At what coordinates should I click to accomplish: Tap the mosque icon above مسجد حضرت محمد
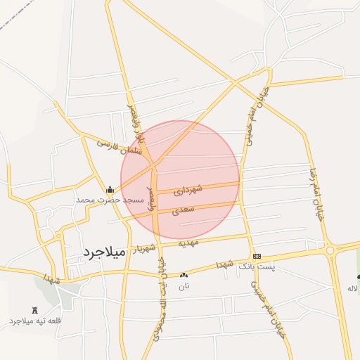pos(110,189)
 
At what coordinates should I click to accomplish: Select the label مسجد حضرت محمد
pos(110,200)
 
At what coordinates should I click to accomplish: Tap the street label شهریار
pos(145,248)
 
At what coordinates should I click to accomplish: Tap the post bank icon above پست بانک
pos(257,257)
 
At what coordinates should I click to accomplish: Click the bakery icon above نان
pos(184,276)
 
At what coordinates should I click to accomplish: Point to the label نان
pos(184,286)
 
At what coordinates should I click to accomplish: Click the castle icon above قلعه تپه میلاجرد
pos(35,310)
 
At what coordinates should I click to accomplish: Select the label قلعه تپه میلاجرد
pos(35,321)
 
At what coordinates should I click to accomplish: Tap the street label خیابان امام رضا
pos(316,194)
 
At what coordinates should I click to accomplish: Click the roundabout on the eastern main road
pos(329,250)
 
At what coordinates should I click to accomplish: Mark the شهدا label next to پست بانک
pos(224,264)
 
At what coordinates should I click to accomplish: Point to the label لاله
pos(353,288)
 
